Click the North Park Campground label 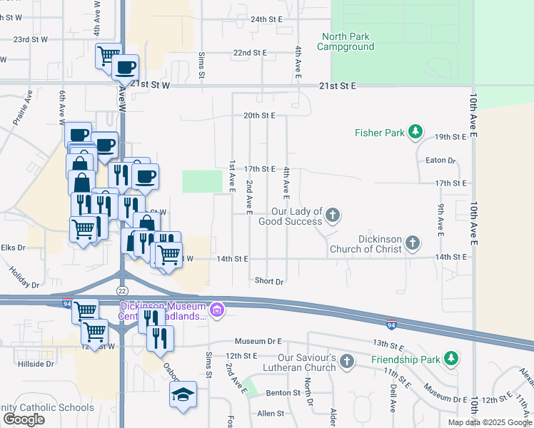click(348, 41)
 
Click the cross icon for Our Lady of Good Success click(332, 215)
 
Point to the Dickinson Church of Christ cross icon click(412, 244)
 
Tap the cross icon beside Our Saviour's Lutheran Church click(347, 361)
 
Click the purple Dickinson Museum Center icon click(217, 310)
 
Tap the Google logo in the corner click(24, 419)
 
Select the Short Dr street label click(269, 281)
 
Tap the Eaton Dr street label click(440, 161)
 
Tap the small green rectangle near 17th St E click(203, 181)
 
